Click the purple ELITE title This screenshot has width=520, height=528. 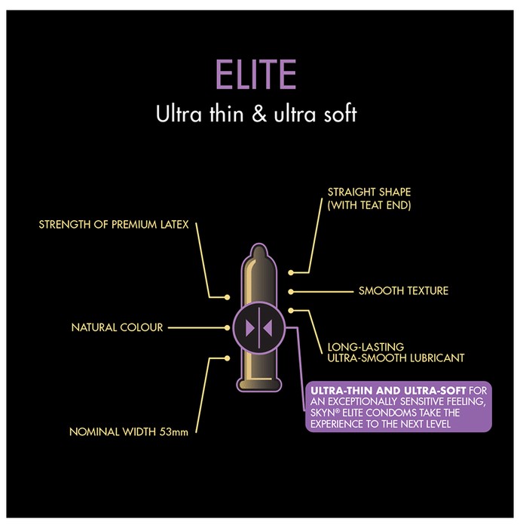coord(255,74)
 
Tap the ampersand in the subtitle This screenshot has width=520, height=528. coord(259,114)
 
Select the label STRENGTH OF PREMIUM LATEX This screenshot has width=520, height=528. coord(114,225)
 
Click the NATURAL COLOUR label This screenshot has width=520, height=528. coord(117,327)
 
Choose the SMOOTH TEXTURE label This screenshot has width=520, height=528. coord(403,290)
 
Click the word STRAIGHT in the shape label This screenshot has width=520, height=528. coord(351,192)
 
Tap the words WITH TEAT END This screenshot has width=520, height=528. coord(369,205)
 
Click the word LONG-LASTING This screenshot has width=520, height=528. coord(366,347)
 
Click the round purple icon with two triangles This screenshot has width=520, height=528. coord(258,327)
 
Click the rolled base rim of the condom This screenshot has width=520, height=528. coord(259,385)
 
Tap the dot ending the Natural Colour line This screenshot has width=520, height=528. coord(228,327)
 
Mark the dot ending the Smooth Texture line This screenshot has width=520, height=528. coord(291,292)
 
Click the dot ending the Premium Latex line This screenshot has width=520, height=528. coord(228,297)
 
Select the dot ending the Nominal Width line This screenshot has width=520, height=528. coord(228,358)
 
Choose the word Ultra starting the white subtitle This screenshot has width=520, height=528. coord(179,114)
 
